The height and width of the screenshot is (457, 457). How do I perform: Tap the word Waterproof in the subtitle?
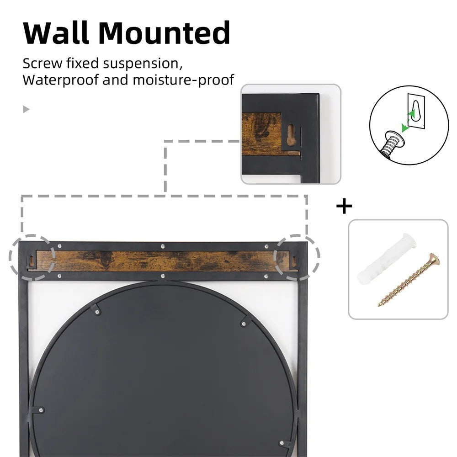pyautogui.click(x=60, y=80)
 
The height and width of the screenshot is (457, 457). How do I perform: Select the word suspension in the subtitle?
pyautogui.click(x=140, y=63)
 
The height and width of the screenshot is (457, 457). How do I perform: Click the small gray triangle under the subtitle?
pyautogui.click(x=26, y=109)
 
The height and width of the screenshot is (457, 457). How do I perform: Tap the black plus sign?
pyautogui.click(x=344, y=207)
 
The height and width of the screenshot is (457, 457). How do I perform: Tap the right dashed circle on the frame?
pyautogui.click(x=297, y=258)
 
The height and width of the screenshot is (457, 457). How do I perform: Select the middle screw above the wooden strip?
pyautogui.click(x=163, y=247)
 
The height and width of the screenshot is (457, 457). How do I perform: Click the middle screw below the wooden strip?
pyautogui.click(x=163, y=276)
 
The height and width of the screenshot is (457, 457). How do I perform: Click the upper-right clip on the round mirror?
pyautogui.click(x=245, y=323)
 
